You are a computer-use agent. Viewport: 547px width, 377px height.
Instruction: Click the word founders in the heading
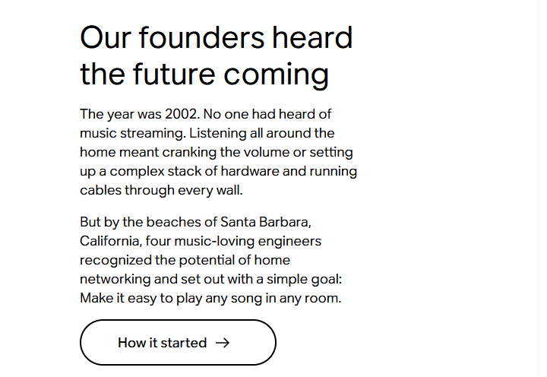201,37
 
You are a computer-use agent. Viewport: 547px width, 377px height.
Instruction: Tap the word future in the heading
173,74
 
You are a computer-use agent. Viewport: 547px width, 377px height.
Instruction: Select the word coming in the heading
276,76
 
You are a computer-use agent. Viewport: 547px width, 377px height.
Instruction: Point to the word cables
100,190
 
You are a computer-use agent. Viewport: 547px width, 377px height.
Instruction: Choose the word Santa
239,222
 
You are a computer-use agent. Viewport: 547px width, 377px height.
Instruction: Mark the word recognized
115,261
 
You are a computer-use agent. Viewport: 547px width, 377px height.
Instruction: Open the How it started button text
163,343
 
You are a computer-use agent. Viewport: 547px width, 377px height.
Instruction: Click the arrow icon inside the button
223,343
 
